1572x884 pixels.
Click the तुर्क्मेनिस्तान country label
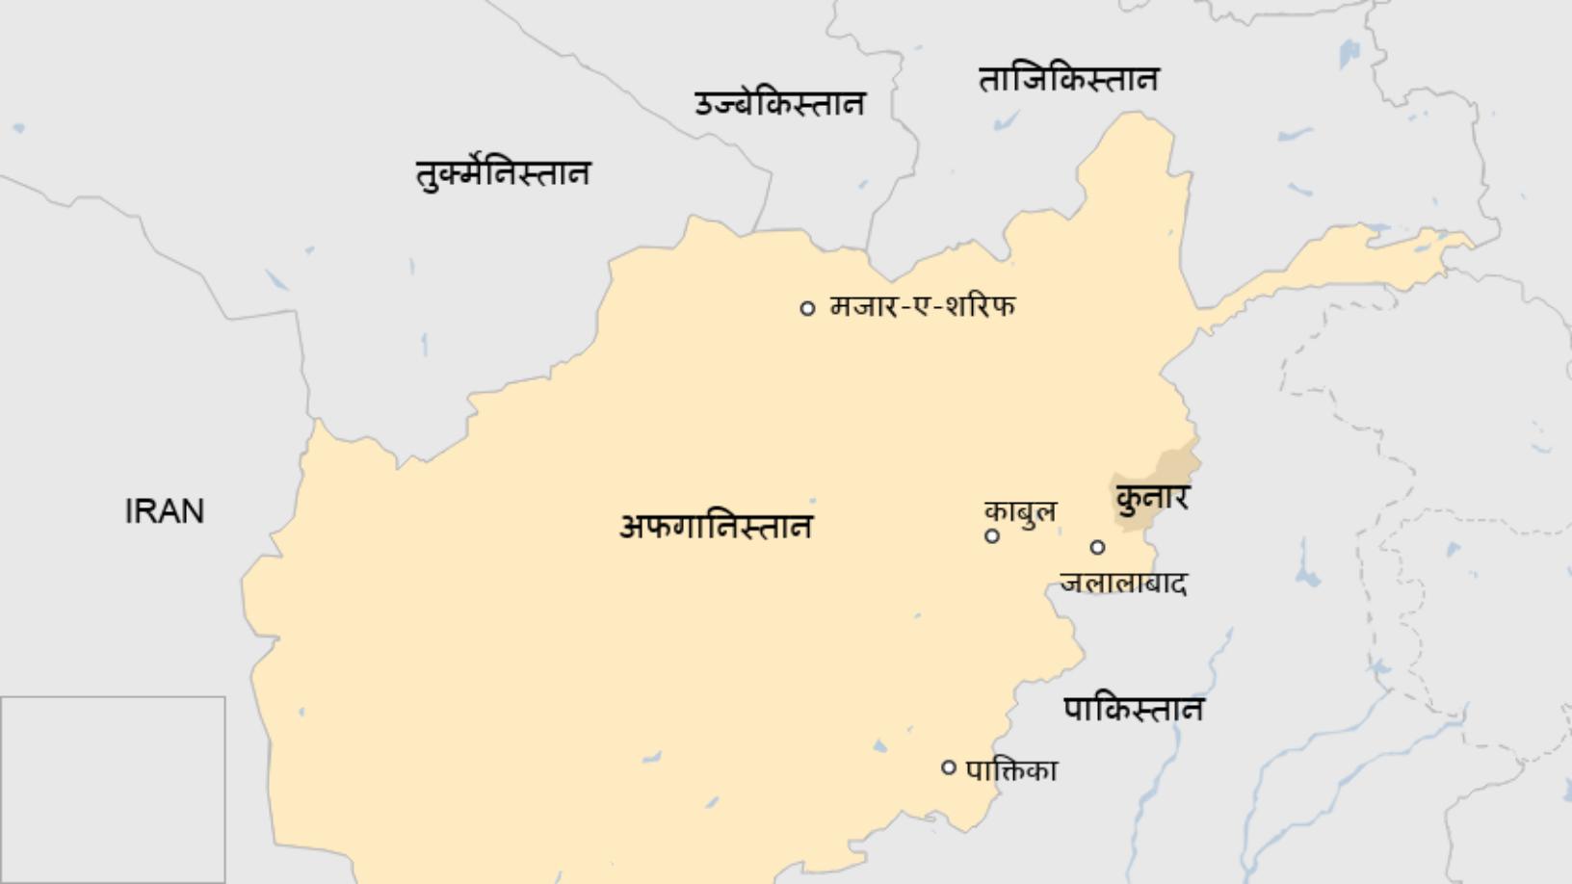[x=502, y=173]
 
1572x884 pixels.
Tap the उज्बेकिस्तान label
[x=779, y=103]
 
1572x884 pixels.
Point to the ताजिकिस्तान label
[x=1068, y=79]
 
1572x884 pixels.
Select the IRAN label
[x=165, y=511]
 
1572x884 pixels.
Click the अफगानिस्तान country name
[x=716, y=527]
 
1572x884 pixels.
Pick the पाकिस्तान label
[x=1133, y=710]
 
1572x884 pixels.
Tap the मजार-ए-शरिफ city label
[x=922, y=306]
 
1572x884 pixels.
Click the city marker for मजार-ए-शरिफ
[x=807, y=308]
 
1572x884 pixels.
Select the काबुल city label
[x=1020, y=510]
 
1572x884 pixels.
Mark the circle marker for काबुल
[x=992, y=536]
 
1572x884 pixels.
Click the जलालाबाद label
[x=1123, y=583]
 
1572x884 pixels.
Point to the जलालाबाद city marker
[x=1097, y=547]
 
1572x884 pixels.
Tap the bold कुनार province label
[x=1152, y=498]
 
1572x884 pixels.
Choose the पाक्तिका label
[x=1011, y=770]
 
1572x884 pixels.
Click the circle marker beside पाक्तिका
[x=949, y=767]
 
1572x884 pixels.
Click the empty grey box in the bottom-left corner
[x=113, y=790]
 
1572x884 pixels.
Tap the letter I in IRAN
[x=129, y=511]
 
